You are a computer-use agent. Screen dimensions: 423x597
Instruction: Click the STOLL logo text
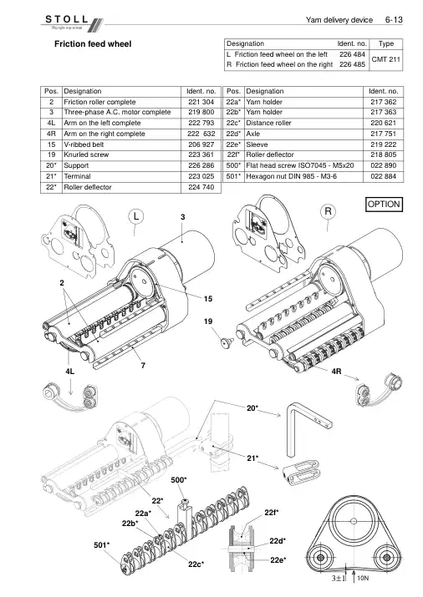[67, 19]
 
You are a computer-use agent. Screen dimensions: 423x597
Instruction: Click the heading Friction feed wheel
[93, 43]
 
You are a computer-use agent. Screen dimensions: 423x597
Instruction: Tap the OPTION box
[384, 205]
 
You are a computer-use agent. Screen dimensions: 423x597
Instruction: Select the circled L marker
[136, 217]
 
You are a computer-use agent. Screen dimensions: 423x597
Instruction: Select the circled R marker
[328, 211]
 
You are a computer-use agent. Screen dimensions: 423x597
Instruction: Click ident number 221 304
[201, 102]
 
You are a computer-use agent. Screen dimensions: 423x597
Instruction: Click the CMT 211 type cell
[385, 59]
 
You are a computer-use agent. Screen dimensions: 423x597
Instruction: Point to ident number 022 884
[384, 176]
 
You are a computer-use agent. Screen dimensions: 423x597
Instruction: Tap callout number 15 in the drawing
[207, 299]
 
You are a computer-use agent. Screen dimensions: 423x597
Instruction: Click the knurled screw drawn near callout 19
[228, 342]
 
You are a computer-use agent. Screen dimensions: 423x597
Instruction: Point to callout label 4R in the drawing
[336, 372]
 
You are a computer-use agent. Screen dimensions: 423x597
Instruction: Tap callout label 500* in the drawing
[179, 480]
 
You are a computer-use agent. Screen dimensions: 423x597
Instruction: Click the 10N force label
[363, 579]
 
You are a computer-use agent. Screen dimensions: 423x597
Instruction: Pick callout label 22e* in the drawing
[278, 560]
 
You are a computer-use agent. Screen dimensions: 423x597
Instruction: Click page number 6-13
[394, 20]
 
